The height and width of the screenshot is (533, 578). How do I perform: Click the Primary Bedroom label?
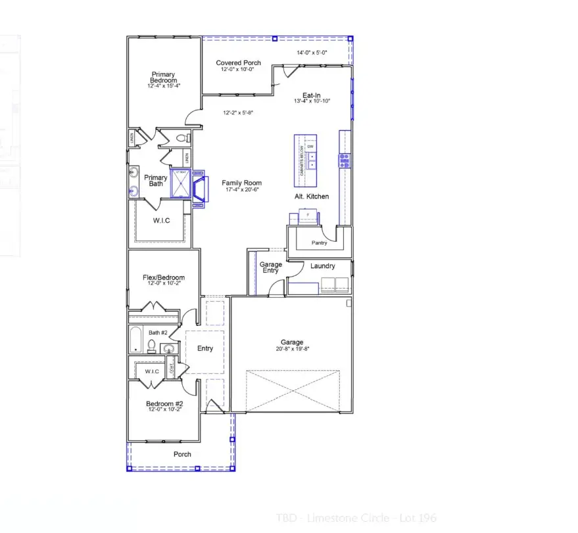point(163,78)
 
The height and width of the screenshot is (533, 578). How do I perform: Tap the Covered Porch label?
point(238,63)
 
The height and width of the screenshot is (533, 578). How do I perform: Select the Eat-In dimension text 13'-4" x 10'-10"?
point(312,101)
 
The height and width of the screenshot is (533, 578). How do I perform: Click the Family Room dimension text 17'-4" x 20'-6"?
point(241,190)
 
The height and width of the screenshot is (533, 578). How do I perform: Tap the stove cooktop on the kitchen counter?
point(345,160)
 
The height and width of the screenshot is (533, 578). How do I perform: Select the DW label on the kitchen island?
point(311,146)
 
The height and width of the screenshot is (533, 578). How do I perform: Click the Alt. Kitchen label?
point(312,197)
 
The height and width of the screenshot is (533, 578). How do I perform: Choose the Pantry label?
point(320,243)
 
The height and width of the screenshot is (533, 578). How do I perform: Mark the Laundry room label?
point(323,266)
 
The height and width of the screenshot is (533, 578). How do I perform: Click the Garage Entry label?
point(270,268)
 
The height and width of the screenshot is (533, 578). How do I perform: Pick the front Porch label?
point(182,454)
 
